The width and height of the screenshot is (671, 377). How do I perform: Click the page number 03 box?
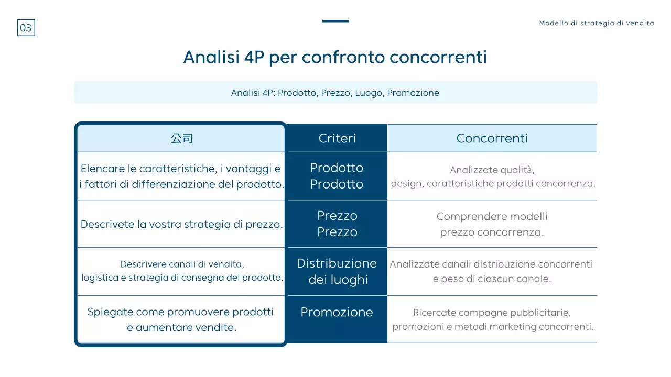26,28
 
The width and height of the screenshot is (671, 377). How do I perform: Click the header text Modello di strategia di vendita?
597,23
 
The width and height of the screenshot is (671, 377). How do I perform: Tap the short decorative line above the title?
335,21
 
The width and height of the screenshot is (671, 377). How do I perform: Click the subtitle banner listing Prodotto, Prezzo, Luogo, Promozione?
335,93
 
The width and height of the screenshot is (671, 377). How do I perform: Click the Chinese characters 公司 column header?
181,138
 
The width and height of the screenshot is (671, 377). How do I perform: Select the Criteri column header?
337,138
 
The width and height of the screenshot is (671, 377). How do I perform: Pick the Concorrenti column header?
492,138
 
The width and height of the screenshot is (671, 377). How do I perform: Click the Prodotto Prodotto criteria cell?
337,176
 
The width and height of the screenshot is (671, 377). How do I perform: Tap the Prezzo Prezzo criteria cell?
337,224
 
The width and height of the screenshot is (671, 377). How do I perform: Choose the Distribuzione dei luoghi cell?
337,271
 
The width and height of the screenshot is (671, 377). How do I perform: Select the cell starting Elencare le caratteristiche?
181,176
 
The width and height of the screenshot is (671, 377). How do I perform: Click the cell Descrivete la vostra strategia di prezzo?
181,224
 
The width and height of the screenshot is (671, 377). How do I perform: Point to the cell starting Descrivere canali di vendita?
181,271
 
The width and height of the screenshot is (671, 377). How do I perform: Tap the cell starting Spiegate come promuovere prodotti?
181,319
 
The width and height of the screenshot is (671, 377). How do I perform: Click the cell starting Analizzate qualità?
492,176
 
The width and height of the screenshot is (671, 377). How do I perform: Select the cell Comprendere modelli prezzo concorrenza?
492,224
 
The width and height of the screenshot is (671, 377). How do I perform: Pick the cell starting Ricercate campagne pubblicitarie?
492,319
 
